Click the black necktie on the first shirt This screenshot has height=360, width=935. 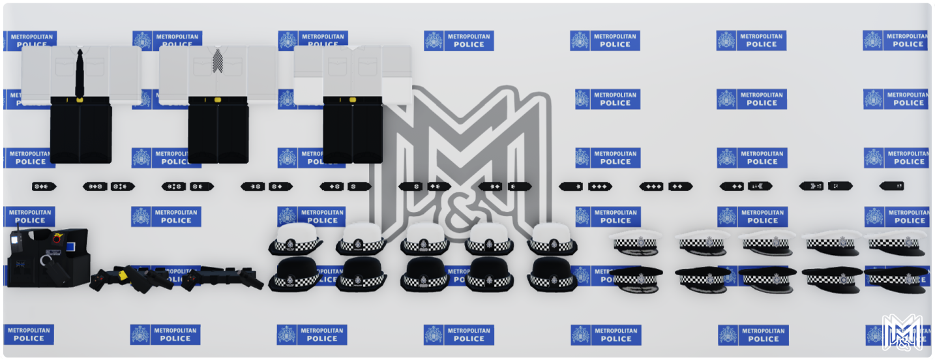(80, 74)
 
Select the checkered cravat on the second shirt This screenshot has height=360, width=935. (218, 61)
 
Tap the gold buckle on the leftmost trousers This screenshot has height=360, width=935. (80, 100)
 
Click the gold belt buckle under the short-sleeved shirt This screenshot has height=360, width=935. (352, 100)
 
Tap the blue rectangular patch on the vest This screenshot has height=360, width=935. (70, 247)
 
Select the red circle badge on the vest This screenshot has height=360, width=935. (57, 239)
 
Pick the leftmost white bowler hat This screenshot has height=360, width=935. (295, 239)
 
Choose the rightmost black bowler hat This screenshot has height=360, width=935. (552, 273)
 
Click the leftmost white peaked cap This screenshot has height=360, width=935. (635, 242)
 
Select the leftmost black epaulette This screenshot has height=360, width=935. (44, 187)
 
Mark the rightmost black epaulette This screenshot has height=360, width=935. (891, 186)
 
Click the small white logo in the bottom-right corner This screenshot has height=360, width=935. (902, 332)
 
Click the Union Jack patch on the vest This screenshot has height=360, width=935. (20, 264)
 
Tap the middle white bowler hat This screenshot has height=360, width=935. (425, 239)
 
